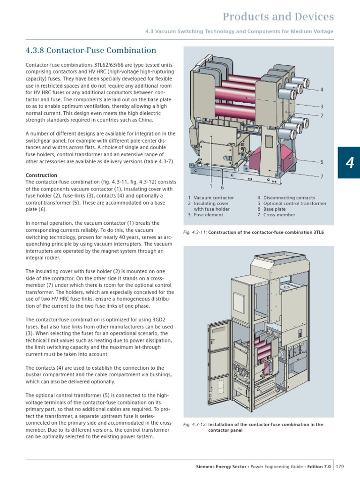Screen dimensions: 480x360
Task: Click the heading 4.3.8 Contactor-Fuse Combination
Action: point(90,50)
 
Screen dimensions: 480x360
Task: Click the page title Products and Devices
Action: point(278,17)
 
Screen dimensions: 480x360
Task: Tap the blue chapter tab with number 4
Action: point(350,163)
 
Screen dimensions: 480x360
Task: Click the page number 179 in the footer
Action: point(340,466)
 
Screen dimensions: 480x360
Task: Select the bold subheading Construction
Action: point(41,175)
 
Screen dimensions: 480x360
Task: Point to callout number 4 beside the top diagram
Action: point(322,89)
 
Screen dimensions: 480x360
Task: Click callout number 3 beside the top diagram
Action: point(322,107)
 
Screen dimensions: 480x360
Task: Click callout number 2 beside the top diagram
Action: point(322,115)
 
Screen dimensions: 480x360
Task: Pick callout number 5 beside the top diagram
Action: point(322,162)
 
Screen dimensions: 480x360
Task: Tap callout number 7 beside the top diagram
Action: point(322,176)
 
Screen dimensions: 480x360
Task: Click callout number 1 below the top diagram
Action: point(211,186)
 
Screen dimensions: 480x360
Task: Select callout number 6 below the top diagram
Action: point(222,188)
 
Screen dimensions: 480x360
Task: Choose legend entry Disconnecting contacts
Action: point(289,198)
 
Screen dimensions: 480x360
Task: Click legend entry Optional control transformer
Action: point(295,204)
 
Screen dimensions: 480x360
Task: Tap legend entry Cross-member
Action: point(279,215)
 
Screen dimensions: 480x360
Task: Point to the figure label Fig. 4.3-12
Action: point(195,425)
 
